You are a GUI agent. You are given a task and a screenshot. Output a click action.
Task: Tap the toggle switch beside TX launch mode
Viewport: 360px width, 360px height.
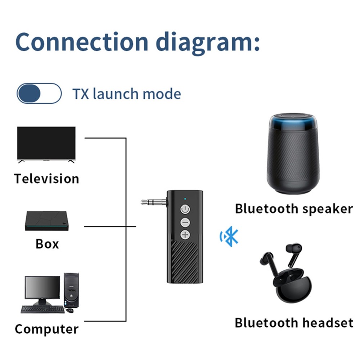[x=39, y=94]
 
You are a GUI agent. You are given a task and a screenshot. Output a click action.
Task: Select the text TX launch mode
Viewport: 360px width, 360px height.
[x=127, y=94]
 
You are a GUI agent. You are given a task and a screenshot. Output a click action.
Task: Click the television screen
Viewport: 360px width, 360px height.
[x=46, y=143]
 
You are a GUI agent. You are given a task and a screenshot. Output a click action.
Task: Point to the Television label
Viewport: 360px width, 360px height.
[x=46, y=179]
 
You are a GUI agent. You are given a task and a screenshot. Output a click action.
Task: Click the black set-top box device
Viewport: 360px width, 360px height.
[x=46, y=221]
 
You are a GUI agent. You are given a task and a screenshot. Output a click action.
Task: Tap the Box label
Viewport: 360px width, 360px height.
[x=47, y=244]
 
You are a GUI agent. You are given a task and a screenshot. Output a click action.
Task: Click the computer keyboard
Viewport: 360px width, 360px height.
[x=42, y=309]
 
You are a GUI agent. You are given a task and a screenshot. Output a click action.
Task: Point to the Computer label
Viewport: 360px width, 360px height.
[x=46, y=329]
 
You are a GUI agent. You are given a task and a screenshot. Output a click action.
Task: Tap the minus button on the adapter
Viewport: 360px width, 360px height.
[x=185, y=222]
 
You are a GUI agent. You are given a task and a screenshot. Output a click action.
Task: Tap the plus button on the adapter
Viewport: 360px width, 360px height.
[x=185, y=235]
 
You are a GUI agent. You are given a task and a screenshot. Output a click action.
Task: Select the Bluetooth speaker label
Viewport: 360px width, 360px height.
[x=293, y=209]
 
